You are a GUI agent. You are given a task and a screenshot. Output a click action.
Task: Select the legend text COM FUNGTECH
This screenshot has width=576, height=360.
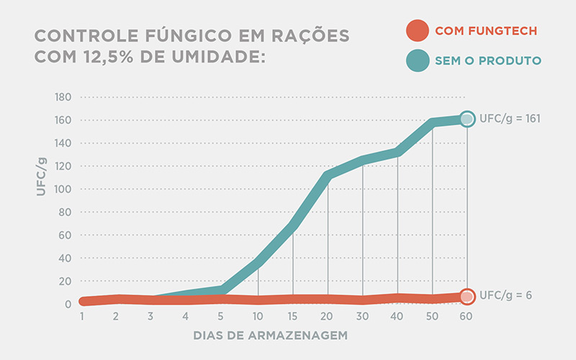pyautogui.click(x=486, y=32)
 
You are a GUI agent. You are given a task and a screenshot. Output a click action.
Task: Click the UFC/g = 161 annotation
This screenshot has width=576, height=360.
pyautogui.click(x=510, y=120)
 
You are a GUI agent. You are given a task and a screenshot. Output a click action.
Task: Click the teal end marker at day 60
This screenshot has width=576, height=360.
pyautogui.click(x=467, y=119)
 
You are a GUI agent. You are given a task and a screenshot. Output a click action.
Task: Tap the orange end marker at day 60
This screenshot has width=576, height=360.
pyautogui.click(x=467, y=296)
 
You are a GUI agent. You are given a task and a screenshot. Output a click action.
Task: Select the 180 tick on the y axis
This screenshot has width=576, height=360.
pyautogui.click(x=63, y=97)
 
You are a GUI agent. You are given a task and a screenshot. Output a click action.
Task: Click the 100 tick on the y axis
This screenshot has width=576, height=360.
pyautogui.click(x=63, y=189)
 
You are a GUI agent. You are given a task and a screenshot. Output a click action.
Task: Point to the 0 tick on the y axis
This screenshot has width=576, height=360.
pyautogui.click(x=68, y=305)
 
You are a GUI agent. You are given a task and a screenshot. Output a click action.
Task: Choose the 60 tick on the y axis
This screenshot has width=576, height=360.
pyautogui.click(x=66, y=235)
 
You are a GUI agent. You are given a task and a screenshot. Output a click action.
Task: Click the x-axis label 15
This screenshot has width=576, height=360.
pyautogui.click(x=293, y=317)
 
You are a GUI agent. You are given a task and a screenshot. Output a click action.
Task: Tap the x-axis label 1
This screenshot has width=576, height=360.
pyautogui.click(x=83, y=317)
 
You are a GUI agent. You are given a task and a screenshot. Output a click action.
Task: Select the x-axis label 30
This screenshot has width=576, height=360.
pyautogui.click(x=363, y=317)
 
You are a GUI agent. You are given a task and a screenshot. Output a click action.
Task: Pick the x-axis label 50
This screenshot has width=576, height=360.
pyautogui.click(x=433, y=317)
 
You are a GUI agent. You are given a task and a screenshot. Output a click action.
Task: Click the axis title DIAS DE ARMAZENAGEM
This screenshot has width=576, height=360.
pyautogui.click(x=270, y=336)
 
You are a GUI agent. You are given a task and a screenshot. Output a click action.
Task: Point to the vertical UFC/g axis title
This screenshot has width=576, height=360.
pyautogui.click(x=42, y=176)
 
